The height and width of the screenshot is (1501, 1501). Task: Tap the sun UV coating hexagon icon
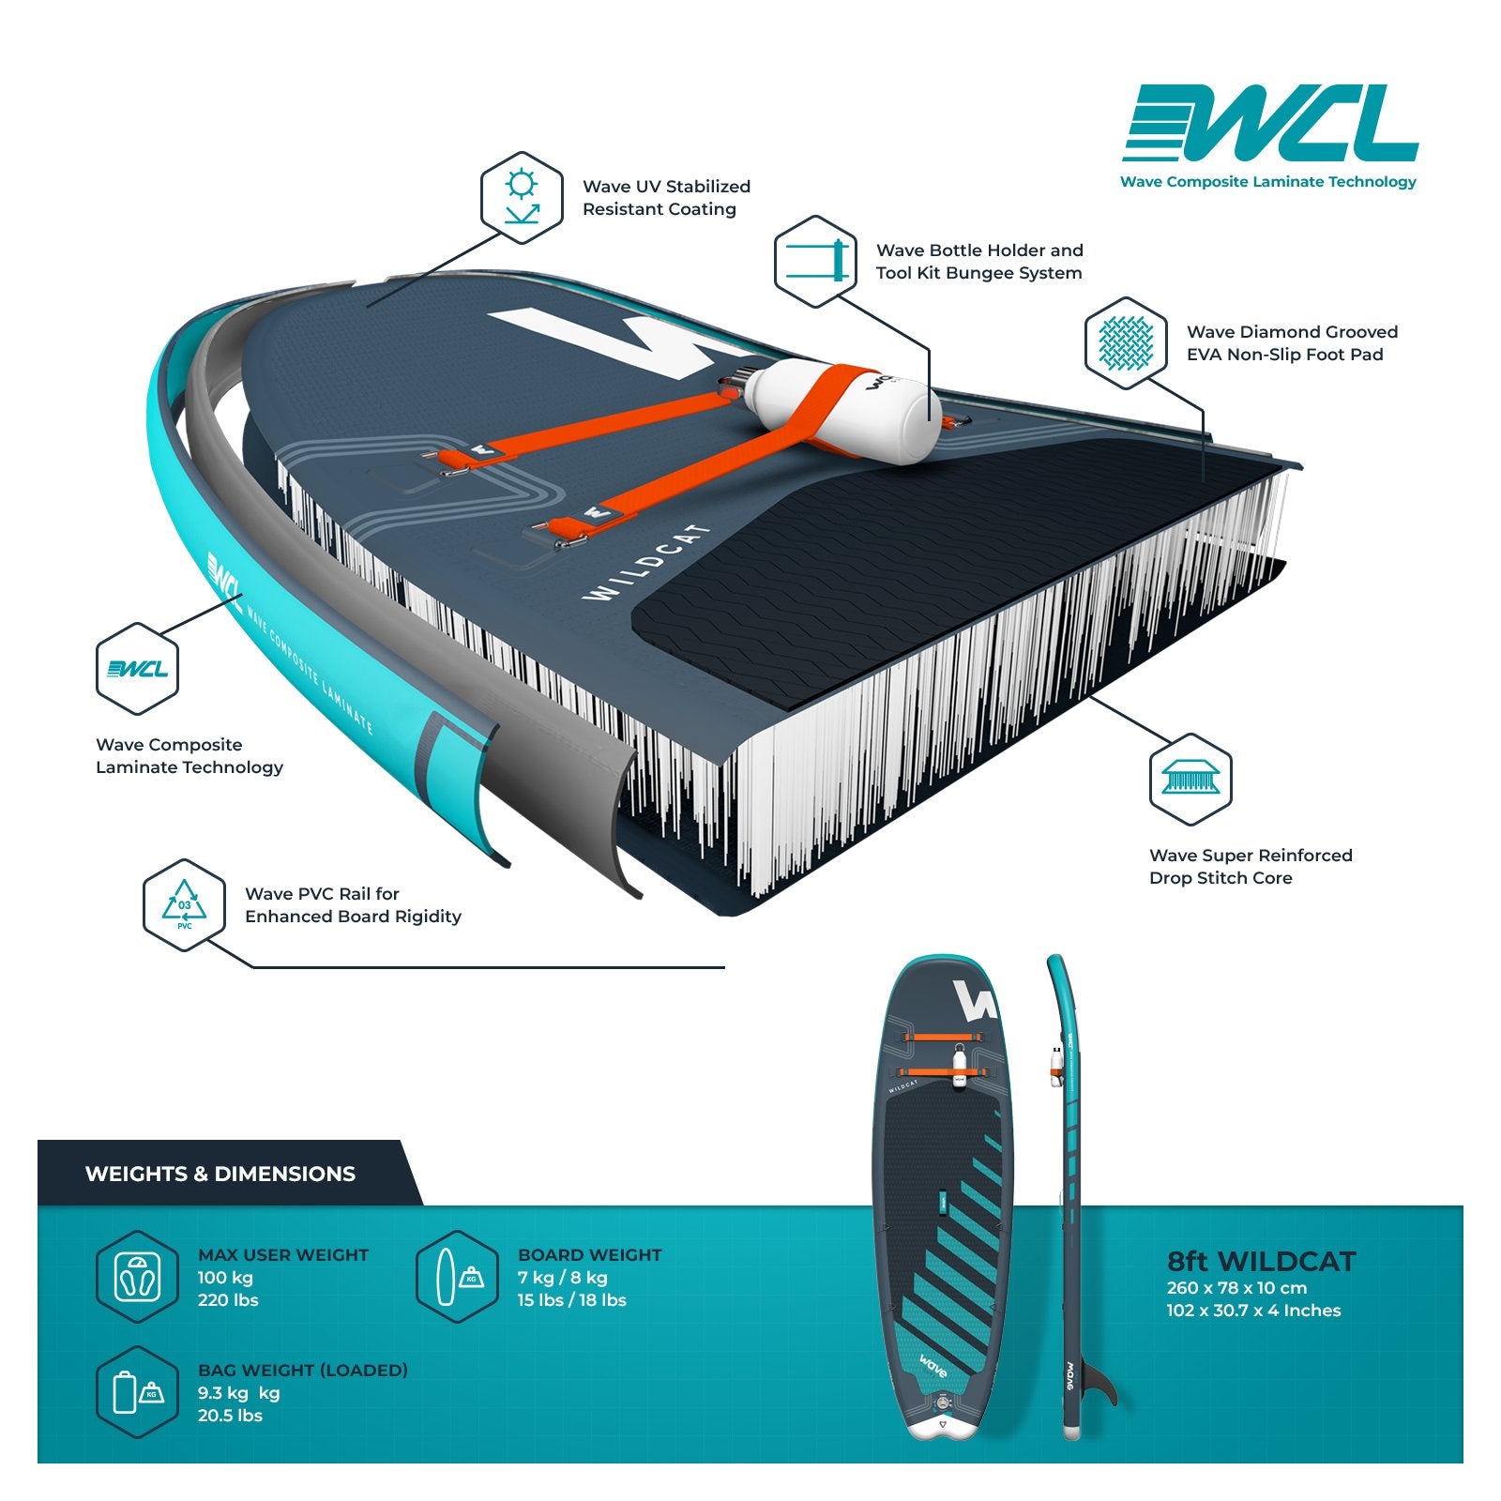522,198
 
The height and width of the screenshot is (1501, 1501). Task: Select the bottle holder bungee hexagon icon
815,261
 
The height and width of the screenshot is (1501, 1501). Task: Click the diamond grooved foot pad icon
1126,342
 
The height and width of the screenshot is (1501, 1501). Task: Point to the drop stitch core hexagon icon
1190,779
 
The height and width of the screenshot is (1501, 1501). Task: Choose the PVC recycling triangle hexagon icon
184,905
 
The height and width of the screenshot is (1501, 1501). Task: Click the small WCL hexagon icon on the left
137,669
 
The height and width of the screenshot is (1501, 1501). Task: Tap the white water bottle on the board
844,410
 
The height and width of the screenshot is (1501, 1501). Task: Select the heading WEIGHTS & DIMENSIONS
220,1174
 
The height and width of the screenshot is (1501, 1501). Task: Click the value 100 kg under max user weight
225,1278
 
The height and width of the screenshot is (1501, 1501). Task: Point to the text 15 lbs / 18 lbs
572,1300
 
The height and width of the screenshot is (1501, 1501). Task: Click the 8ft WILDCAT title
1262,1262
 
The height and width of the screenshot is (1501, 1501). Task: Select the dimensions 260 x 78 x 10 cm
1236,1288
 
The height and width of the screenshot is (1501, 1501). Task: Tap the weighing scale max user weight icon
137,1277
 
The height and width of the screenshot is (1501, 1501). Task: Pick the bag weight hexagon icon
137,1392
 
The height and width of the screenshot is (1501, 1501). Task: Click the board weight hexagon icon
457,1277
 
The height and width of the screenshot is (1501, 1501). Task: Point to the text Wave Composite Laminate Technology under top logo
1268,182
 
